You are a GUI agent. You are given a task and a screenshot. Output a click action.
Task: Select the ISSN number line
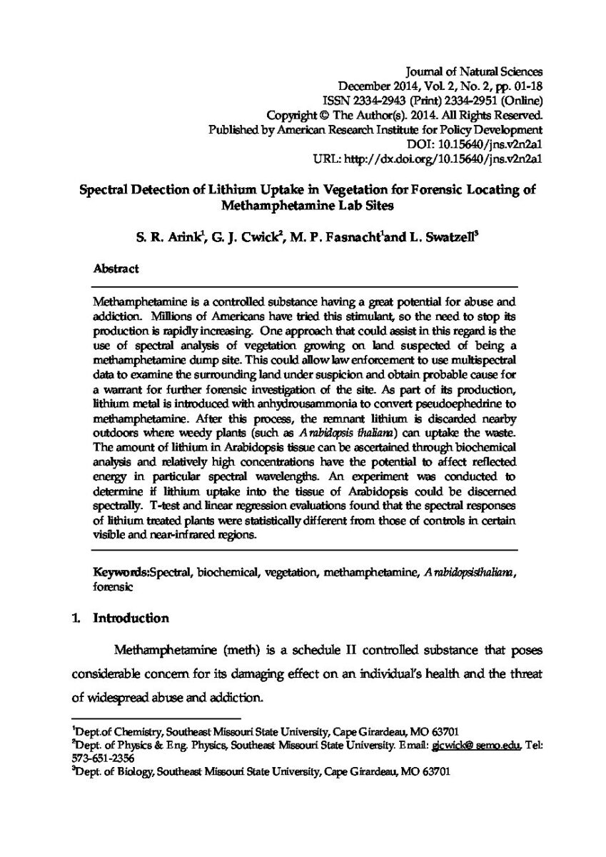tap(433, 99)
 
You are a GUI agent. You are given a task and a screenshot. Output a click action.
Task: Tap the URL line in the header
tap(429, 159)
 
